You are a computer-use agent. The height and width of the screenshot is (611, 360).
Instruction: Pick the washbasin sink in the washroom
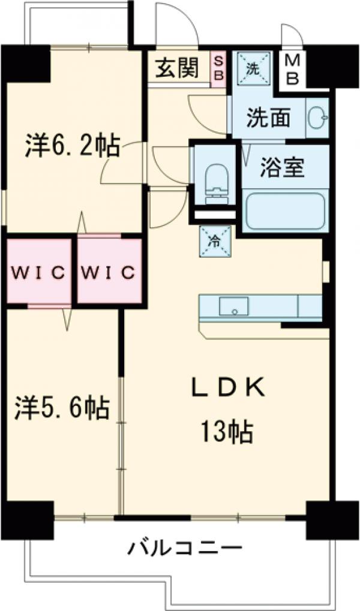click(x=316, y=118)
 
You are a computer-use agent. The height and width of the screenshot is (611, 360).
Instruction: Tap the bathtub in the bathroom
click(x=286, y=211)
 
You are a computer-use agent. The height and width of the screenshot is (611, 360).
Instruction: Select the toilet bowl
click(x=214, y=180)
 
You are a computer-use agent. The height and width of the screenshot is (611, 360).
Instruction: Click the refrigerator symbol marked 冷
click(x=214, y=242)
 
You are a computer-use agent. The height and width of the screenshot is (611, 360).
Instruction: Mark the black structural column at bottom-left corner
click(x=28, y=517)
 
